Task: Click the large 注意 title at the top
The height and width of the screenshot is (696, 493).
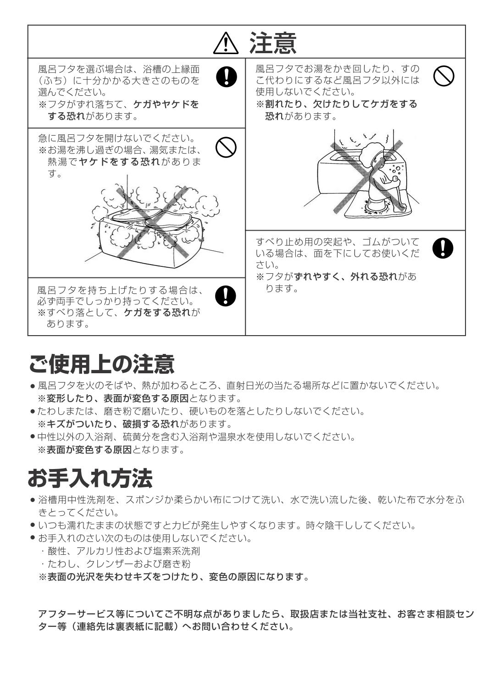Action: [x=272, y=43]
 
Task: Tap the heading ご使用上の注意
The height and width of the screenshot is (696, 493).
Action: [x=101, y=364]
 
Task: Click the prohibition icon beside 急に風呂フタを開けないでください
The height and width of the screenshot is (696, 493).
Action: [x=226, y=148]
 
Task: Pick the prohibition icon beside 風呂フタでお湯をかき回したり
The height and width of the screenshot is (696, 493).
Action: [x=443, y=76]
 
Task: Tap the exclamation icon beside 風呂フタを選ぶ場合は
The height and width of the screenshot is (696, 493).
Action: [x=226, y=76]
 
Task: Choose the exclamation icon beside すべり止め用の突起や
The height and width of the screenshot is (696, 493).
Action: [x=443, y=248]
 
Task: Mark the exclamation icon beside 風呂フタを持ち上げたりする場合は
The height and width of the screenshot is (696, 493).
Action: [x=226, y=296]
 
